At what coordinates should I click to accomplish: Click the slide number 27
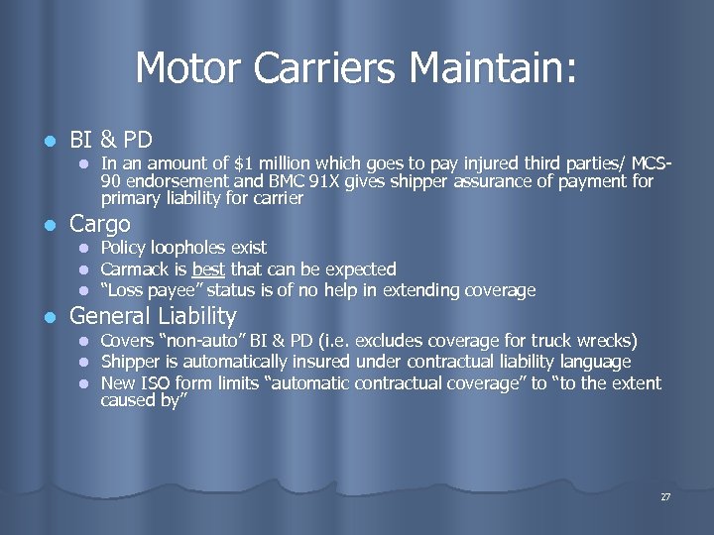click(x=665, y=496)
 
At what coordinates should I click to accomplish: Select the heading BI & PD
click(x=110, y=138)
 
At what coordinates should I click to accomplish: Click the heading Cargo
click(x=99, y=224)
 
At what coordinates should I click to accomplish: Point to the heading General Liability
click(x=153, y=317)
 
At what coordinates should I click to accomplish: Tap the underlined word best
click(x=208, y=269)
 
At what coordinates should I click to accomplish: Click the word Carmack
click(x=134, y=269)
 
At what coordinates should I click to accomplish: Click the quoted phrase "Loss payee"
click(x=143, y=291)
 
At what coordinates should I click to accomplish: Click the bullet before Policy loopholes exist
click(x=85, y=249)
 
